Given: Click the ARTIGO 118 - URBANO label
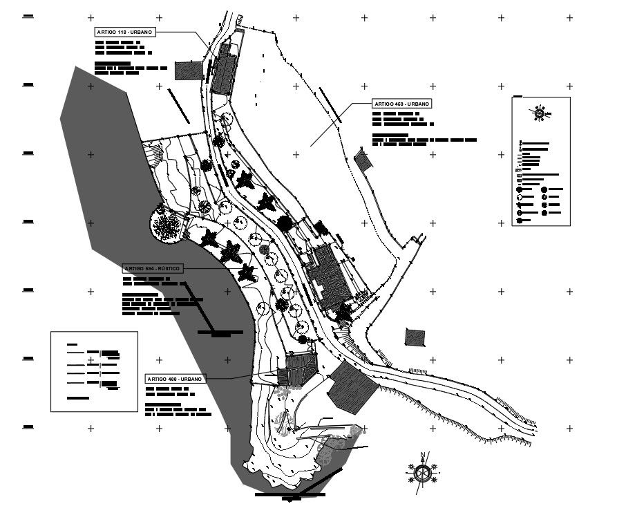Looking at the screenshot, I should (124, 32).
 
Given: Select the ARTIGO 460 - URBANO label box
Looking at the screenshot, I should (401, 103).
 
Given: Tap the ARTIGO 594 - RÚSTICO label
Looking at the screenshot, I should (153, 268).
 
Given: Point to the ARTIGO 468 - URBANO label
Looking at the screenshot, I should (175, 379).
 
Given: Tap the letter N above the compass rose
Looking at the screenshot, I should (421, 455).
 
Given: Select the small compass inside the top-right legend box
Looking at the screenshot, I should (539, 113).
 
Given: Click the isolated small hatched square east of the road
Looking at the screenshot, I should (415, 337).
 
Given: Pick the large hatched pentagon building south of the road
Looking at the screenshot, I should (352, 387).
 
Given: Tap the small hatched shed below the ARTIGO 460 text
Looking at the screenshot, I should (363, 161).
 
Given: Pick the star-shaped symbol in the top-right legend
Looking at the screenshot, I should (520, 205).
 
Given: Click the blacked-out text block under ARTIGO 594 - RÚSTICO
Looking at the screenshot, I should (162, 304).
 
